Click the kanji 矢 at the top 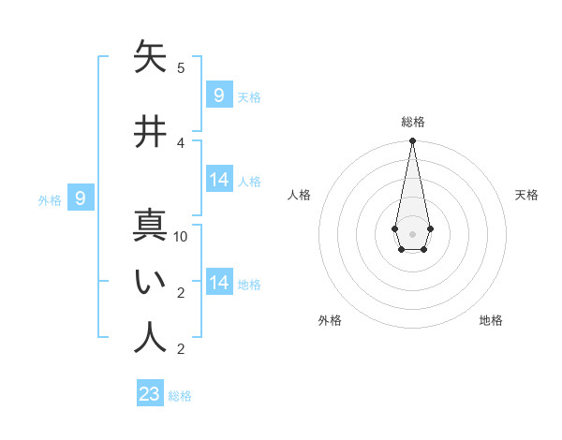pos(150,57)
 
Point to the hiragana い pos(150,282)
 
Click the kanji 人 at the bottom pos(150,338)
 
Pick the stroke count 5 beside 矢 pos(181,68)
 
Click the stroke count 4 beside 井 pos(181,143)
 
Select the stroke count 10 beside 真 pos(181,237)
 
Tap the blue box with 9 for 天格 pos(219,95)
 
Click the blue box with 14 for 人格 pos(219,180)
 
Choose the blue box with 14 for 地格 pos(219,283)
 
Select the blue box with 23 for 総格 pos(150,394)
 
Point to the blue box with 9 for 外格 pos(81,198)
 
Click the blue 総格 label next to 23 pos(180,396)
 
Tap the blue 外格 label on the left pos(50,199)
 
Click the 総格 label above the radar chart pos(412,122)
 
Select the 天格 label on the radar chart pos(526,195)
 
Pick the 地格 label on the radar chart pos(491,320)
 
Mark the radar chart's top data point pos(412,141)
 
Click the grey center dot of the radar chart pos(412,233)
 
